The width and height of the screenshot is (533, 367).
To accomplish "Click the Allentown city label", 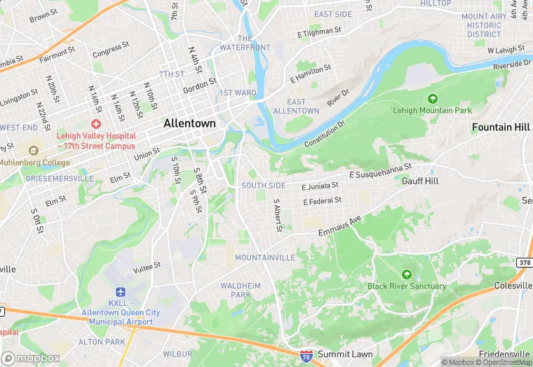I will (189, 123).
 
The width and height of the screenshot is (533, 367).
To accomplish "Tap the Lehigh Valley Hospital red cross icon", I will (95, 123).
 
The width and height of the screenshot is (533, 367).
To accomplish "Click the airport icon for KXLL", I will (121, 291).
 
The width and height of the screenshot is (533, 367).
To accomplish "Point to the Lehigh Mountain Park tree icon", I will (432, 99).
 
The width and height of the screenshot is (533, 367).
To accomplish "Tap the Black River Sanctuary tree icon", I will (407, 274).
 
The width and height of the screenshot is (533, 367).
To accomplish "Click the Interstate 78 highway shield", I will (306, 356).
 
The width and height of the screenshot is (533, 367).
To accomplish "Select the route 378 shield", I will (525, 262).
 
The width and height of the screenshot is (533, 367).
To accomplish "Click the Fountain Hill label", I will (501, 127).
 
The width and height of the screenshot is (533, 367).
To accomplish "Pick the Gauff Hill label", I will (420, 180).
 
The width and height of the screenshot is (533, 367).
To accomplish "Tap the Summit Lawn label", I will (344, 354).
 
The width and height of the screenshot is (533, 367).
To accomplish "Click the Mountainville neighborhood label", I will (264, 258).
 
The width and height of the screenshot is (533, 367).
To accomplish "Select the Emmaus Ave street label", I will (339, 226).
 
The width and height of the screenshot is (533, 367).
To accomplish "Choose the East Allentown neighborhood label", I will (296, 106).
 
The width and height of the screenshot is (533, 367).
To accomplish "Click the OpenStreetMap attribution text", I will (503, 362).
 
